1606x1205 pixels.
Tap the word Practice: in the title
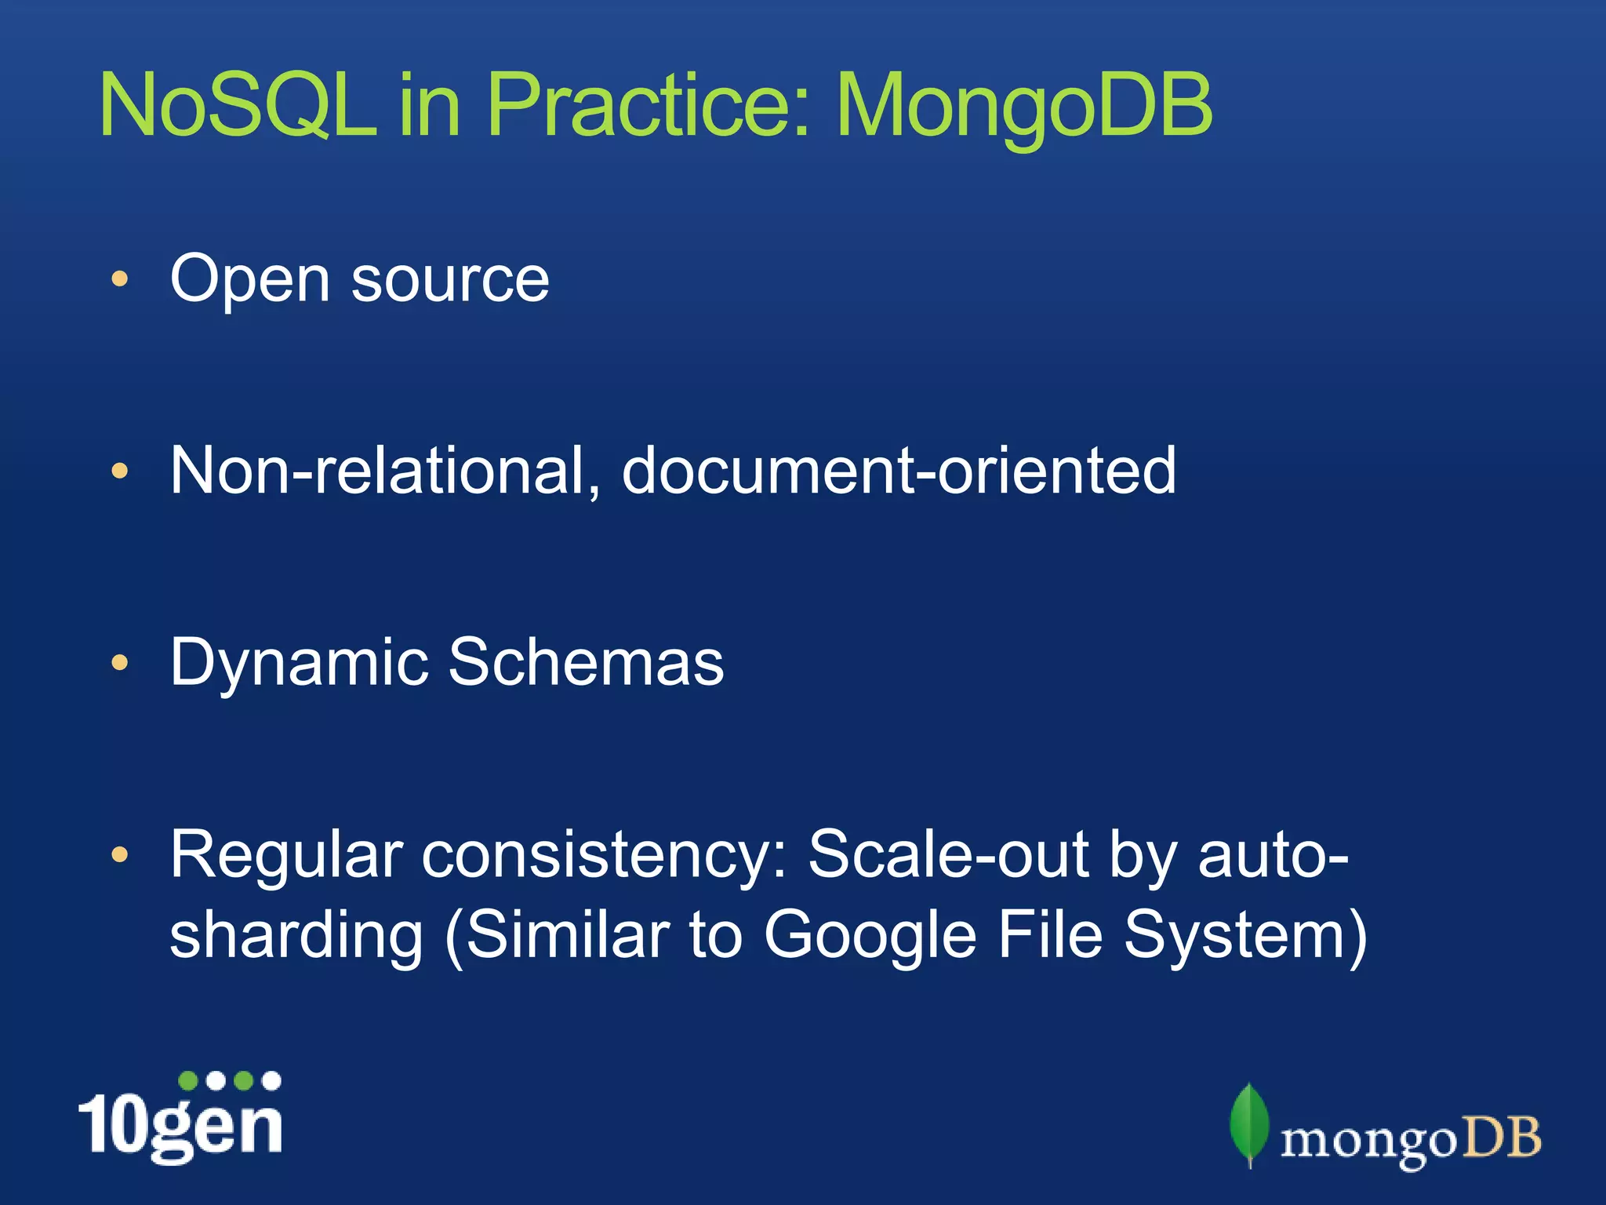pos(648,106)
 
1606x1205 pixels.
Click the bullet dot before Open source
pos(119,279)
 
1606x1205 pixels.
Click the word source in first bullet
pos(450,281)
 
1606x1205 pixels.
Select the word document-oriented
pos(899,471)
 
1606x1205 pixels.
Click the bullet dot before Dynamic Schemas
pos(119,664)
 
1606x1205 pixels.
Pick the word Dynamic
pos(299,664)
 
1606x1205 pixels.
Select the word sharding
pos(296,936)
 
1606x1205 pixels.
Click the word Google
pos(870,936)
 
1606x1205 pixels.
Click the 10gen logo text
pos(180,1125)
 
